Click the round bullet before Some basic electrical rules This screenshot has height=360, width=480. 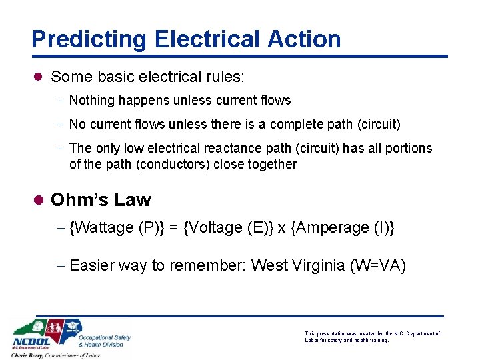point(38,77)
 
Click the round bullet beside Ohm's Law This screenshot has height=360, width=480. point(39,200)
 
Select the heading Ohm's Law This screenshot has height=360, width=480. point(101,200)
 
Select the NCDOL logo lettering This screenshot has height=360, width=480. point(31,342)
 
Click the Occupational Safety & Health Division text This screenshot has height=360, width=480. point(105,341)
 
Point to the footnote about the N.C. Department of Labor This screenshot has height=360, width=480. point(372,336)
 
